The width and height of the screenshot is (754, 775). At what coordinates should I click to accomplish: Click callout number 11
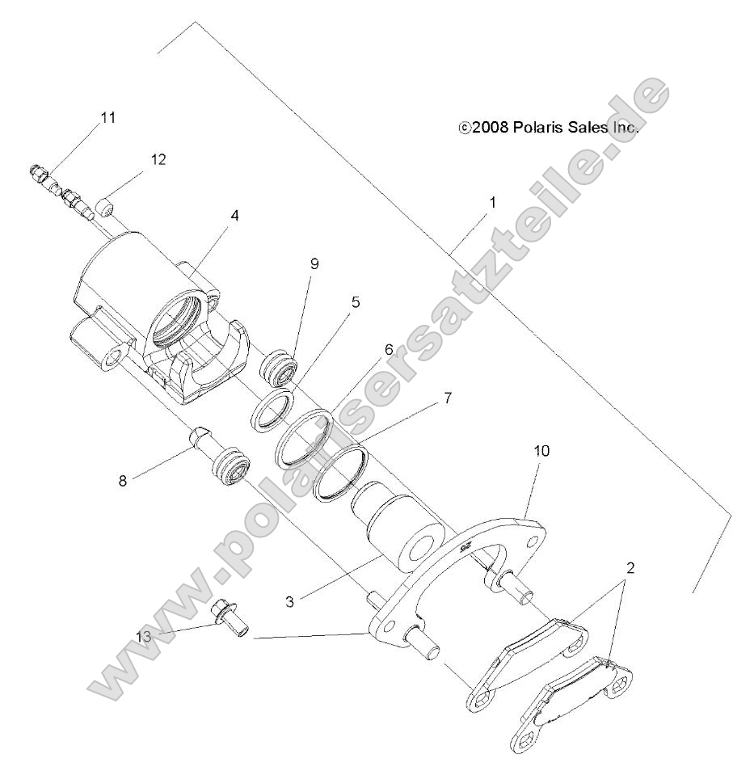pos(107,117)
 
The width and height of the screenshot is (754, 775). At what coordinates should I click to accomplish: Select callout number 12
pos(158,159)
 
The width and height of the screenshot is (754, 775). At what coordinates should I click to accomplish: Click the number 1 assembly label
pos(491,202)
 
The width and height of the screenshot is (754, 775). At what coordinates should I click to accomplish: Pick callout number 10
pos(541,450)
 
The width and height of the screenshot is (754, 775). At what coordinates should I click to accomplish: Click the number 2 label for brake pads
pos(630,567)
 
